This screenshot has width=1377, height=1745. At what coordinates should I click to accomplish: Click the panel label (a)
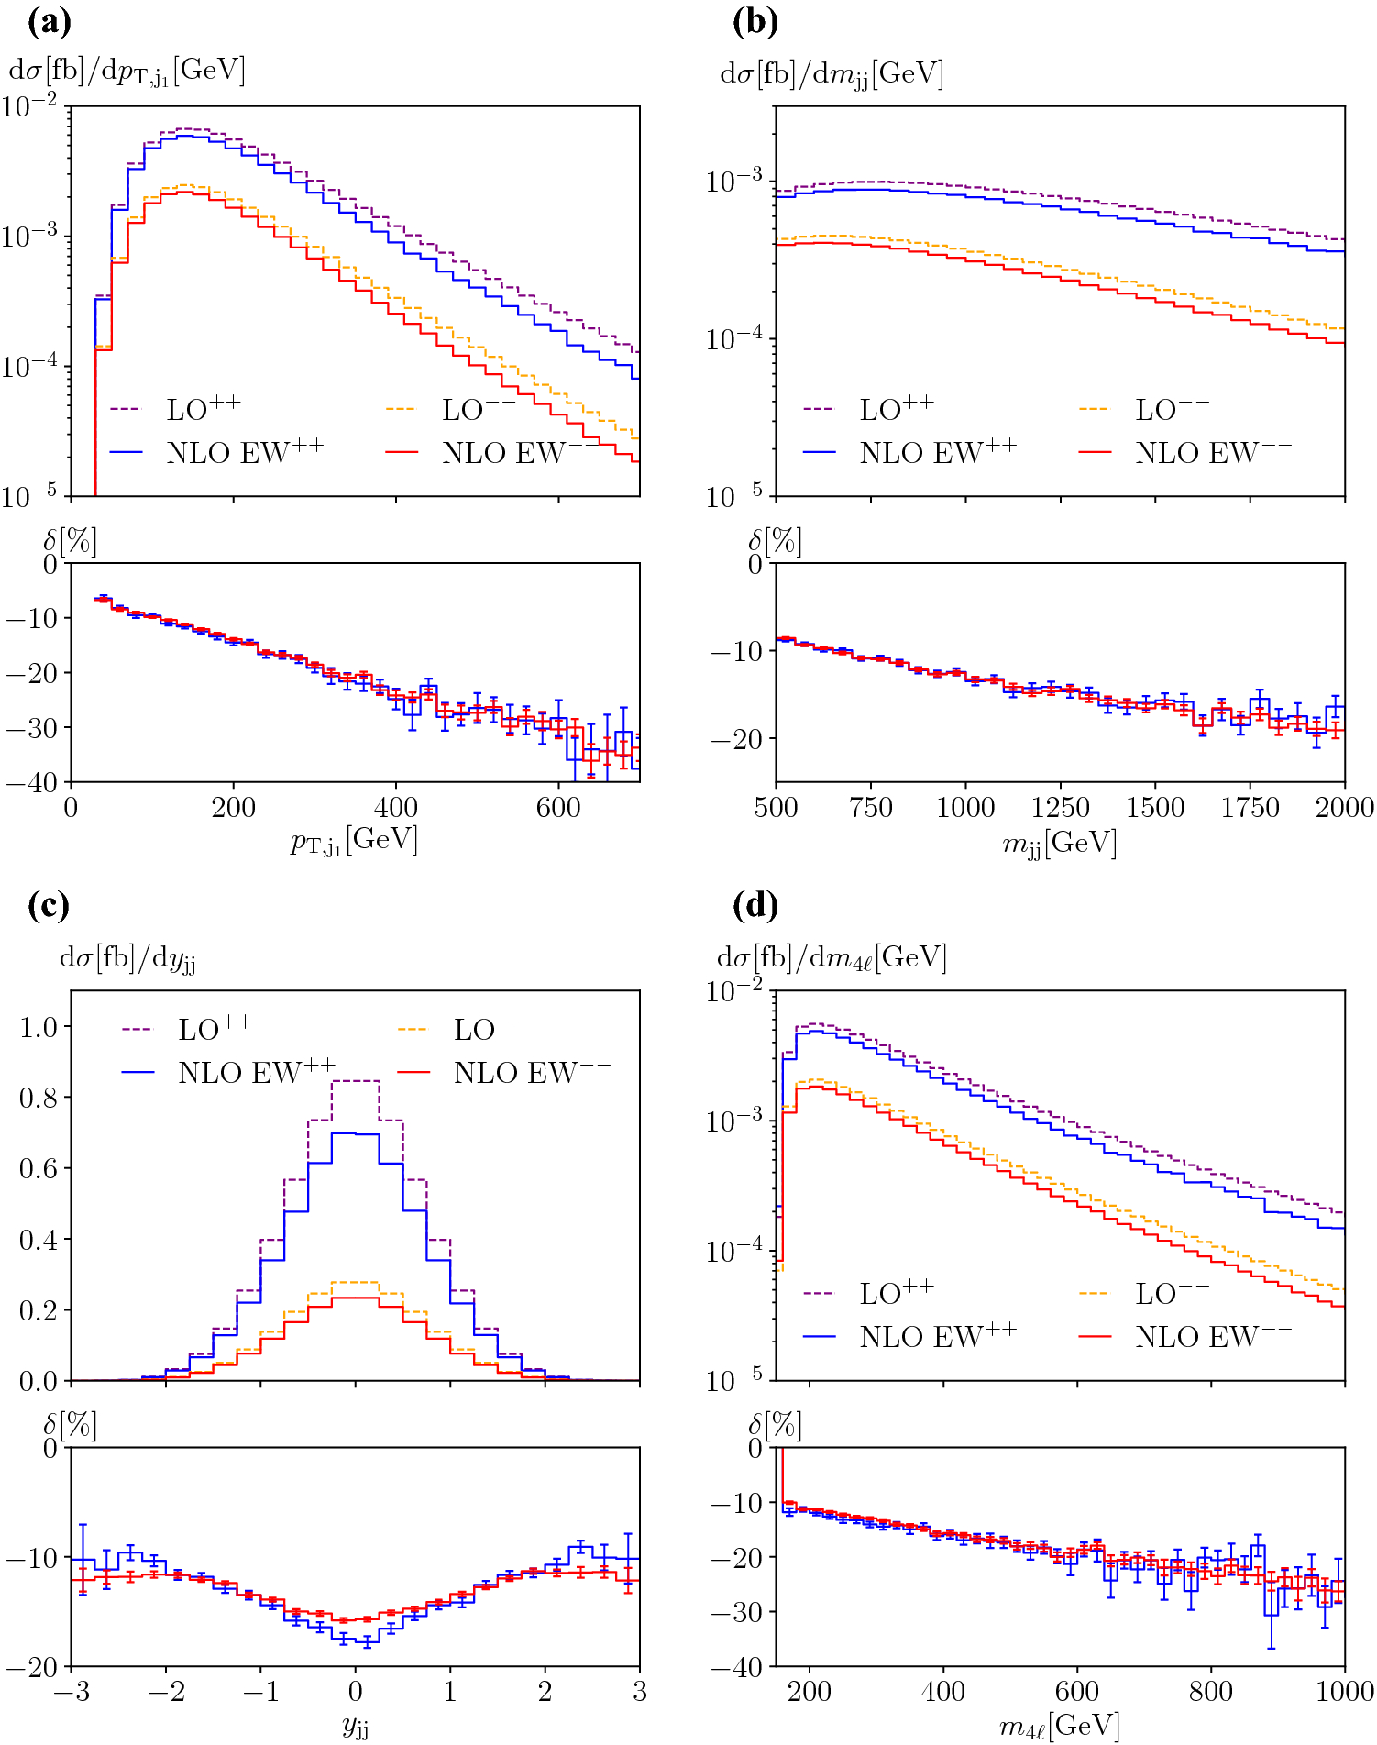coord(49,22)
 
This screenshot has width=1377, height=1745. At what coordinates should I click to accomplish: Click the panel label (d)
coord(755,906)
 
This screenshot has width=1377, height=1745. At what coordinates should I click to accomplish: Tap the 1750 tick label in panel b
coord(1250,808)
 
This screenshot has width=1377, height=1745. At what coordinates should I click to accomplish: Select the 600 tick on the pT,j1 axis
coord(558,808)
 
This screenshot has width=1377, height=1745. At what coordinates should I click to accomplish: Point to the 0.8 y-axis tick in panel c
coord(39,1098)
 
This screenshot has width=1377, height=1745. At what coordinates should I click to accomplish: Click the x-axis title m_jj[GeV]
coord(1060,843)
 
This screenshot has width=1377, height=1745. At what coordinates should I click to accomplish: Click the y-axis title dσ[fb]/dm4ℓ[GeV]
coord(832,958)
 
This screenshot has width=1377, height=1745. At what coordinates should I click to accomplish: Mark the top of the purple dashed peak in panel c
coord(355,1081)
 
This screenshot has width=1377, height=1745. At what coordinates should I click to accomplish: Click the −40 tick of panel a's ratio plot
coord(32,782)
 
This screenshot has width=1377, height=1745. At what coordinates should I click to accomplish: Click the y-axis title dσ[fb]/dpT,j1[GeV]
coord(127,72)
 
